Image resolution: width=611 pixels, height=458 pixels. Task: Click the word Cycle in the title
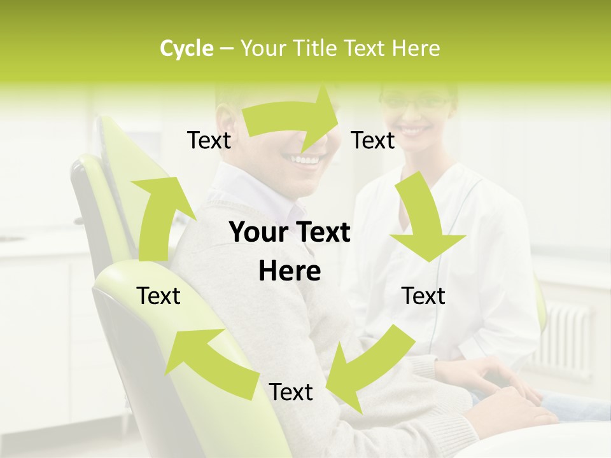(186, 48)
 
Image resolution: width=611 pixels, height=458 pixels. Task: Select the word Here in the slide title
(416, 48)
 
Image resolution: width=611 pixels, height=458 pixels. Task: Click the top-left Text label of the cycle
(209, 140)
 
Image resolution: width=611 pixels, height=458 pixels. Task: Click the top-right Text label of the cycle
(373, 140)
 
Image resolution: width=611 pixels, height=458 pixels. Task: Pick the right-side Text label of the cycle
(423, 296)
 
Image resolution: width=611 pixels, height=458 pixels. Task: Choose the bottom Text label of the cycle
(291, 392)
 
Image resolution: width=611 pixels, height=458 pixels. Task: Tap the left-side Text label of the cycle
(158, 296)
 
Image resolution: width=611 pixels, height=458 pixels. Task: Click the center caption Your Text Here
(290, 251)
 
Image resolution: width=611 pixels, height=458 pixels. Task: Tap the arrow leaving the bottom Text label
(207, 359)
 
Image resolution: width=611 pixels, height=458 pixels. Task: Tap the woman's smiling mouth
(414, 130)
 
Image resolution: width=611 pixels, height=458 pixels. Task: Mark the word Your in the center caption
(258, 233)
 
